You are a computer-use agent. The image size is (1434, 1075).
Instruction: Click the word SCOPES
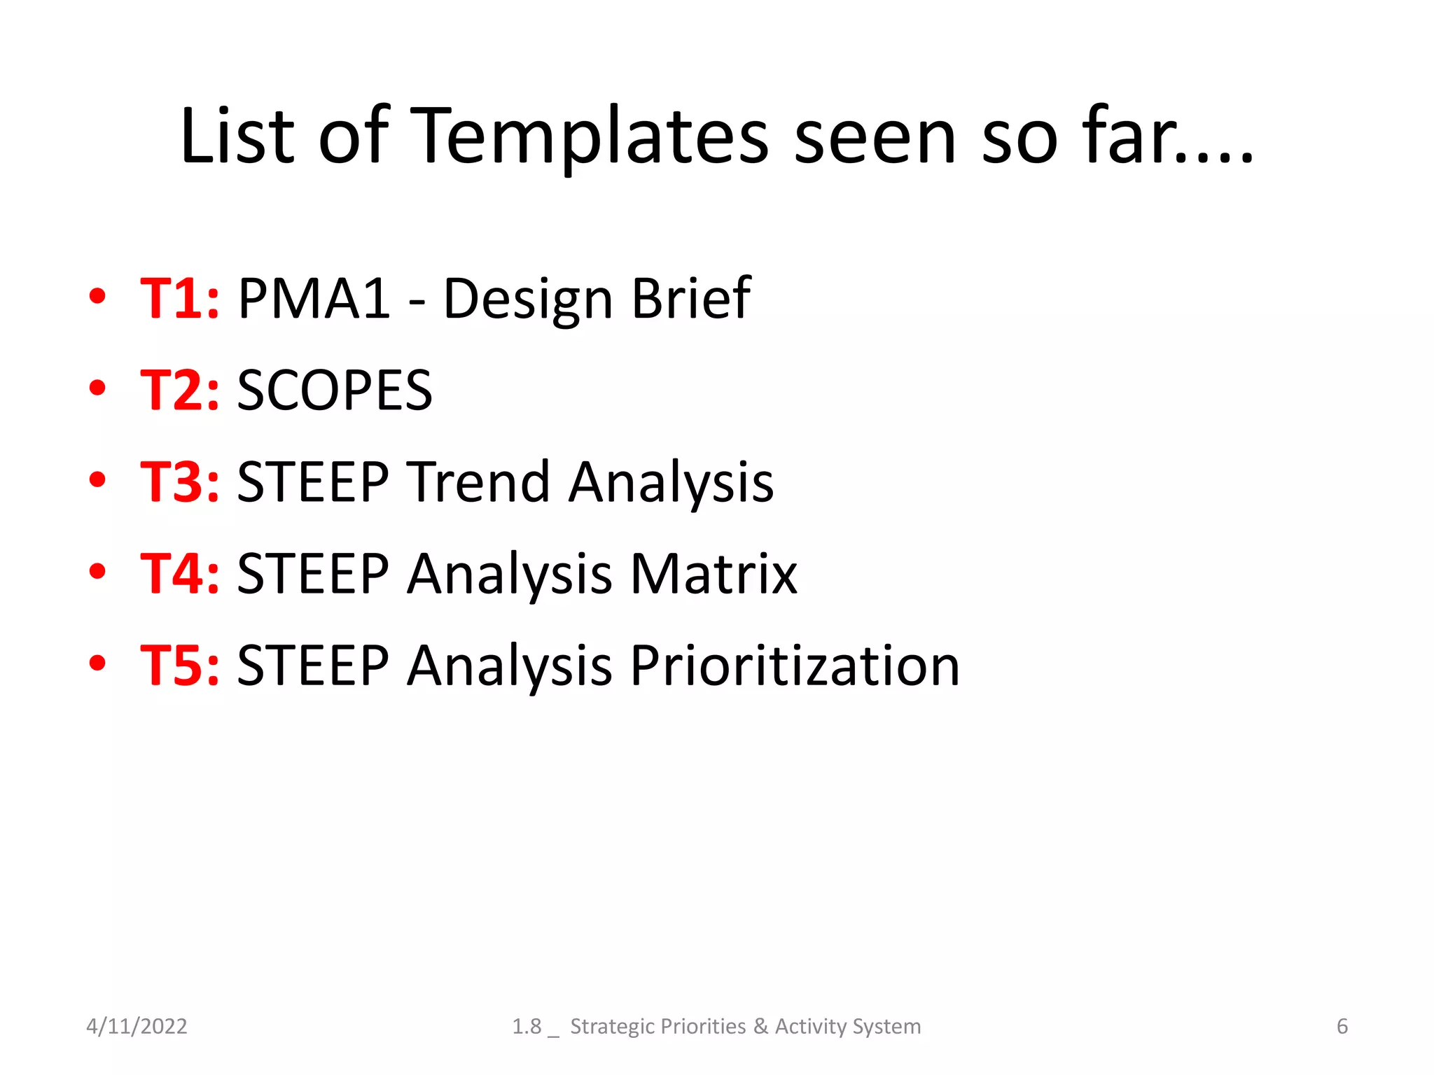coord(335,391)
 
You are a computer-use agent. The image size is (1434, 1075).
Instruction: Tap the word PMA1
coord(314,299)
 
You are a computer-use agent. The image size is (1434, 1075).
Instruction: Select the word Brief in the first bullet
coord(690,299)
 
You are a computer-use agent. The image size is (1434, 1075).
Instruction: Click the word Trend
coord(479,482)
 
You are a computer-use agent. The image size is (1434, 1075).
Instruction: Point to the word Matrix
coord(713,574)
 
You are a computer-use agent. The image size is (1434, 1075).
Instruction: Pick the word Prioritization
coord(795,666)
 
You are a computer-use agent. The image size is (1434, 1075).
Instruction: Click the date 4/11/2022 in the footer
coord(137,1026)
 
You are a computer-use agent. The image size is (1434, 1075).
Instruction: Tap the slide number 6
coord(1342,1026)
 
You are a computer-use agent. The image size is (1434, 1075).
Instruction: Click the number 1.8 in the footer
coord(527,1026)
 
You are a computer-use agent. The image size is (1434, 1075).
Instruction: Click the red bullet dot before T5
coord(97,662)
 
